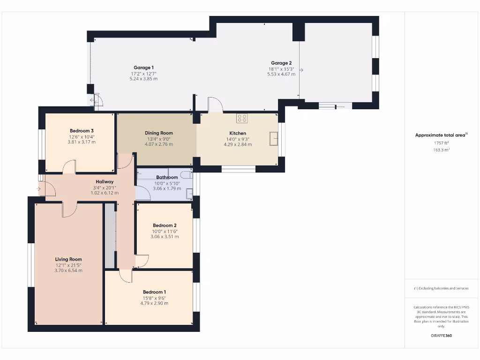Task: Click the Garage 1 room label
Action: (x=143, y=68)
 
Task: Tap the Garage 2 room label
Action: (x=281, y=63)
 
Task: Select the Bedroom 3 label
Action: (x=82, y=131)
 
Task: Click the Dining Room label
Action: (x=158, y=133)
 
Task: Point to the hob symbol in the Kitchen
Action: (x=242, y=119)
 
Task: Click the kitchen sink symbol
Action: (x=274, y=139)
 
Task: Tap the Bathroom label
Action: (x=167, y=177)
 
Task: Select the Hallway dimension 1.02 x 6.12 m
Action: (x=105, y=193)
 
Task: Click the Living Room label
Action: (x=68, y=259)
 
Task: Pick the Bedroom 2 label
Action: (x=165, y=225)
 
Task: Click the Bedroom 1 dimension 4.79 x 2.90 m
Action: (x=154, y=303)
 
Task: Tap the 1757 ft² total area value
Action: (x=441, y=143)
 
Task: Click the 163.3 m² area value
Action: (x=441, y=150)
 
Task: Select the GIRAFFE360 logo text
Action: (x=441, y=336)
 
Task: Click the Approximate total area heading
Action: (x=441, y=135)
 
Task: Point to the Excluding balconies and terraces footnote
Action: (x=441, y=288)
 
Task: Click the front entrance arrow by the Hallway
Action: (x=38, y=189)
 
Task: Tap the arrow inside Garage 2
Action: (x=301, y=70)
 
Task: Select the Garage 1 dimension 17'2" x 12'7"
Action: (x=143, y=74)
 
